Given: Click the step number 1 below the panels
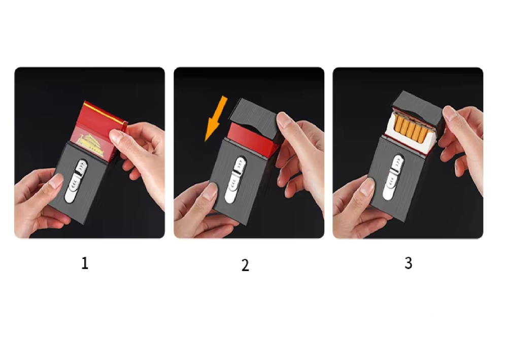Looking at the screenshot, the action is coord(85,264).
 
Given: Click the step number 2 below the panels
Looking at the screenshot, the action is coord(246,265).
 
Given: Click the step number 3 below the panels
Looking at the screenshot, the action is coord(409,263).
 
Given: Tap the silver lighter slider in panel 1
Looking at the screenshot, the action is coord(76,181).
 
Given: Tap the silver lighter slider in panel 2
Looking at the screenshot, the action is coord(235,180).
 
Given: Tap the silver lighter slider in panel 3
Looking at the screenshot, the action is coord(393,177).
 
